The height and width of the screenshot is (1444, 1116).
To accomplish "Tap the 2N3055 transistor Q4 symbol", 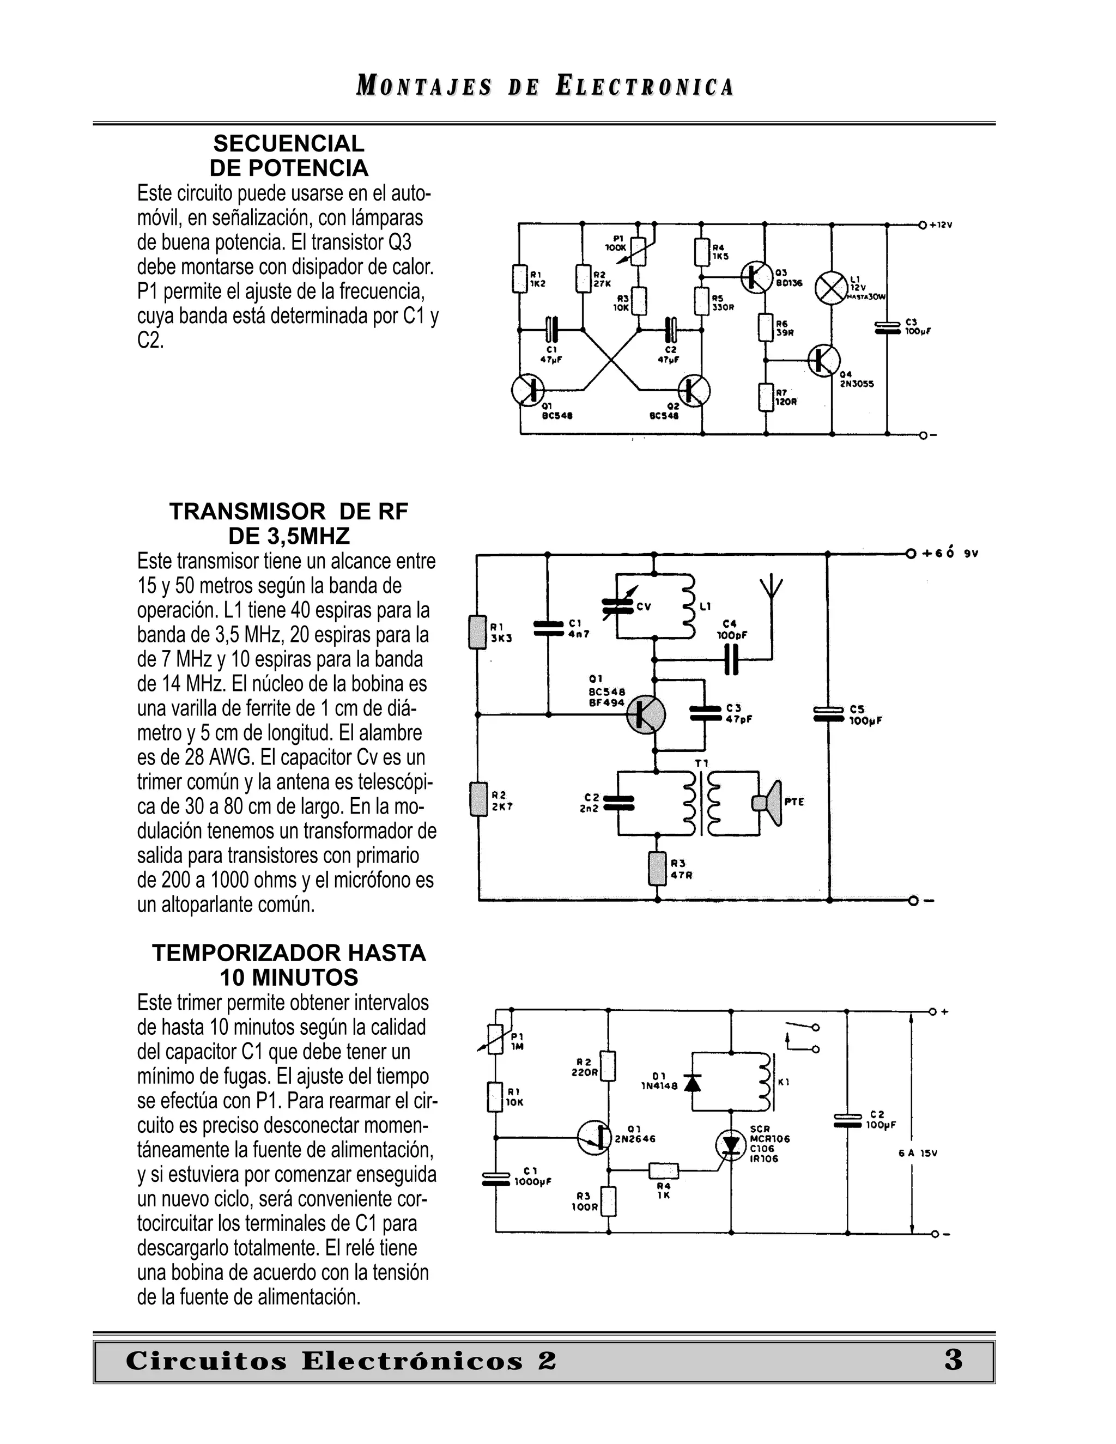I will pyautogui.click(x=823, y=360).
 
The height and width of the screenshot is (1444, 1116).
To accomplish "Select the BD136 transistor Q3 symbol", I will pyautogui.click(x=756, y=276).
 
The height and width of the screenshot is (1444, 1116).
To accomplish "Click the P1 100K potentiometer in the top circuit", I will pyautogui.click(x=639, y=251).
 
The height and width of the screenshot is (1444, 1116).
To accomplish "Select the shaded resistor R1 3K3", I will pyautogui.click(x=477, y=632).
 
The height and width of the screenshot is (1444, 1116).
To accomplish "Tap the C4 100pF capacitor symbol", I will pyautogui.click(x=731, y=659).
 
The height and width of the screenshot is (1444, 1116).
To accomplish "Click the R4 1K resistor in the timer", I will pyautogui.click(x=664, y=1171).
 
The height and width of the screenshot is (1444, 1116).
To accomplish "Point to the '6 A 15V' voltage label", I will pyautogui.click(x=918, y=1153).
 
